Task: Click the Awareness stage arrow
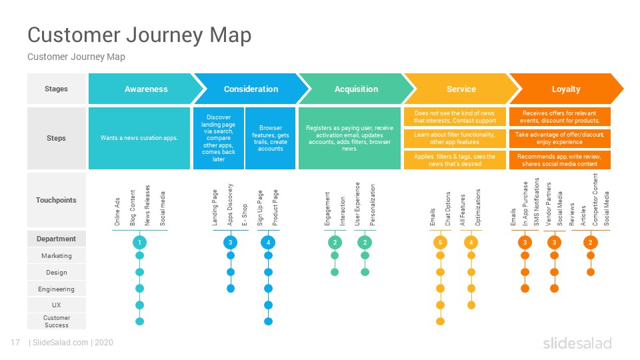pos(145,89)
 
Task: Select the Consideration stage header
pos(251,89)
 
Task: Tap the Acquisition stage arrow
pos(356,89)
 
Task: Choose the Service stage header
pos(461,89)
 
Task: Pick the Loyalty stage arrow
pos(566,89)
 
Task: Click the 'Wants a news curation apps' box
pos(139,138)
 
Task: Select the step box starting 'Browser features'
pos(270,138)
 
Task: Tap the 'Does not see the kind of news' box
pos(455,117)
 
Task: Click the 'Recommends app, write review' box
pos(559,160)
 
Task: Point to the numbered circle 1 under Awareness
pos(139,243)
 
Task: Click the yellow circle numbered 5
pos(440,243)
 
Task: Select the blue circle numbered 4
pos(268,243)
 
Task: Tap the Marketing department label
pos(56,255)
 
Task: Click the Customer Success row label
pos(56,321)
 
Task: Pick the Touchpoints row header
pos(56,200)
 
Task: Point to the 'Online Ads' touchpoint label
pos(117,212)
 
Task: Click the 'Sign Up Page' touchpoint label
pos(260,208)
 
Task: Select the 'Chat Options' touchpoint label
pos(448,209)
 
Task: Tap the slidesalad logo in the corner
pos(577,343)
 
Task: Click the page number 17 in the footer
pos(15,343)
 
